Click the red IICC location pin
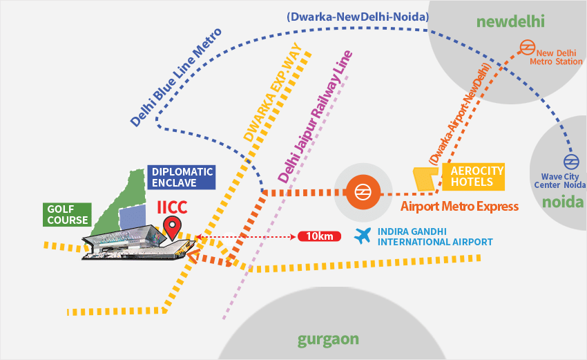tap(173, 225)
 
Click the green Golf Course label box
tap(68, 214)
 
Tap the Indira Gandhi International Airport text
tap(434, 237)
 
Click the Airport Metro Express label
tap(459, 206)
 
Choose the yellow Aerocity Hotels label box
tap(476, 177)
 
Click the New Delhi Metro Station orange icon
tap(528, 48)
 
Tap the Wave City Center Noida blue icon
tap(570, 162)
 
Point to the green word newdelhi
tap(510, 21)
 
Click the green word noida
tap(562, 202)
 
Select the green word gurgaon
tap(329, 339)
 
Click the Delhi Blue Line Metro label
tap(176, 77)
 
